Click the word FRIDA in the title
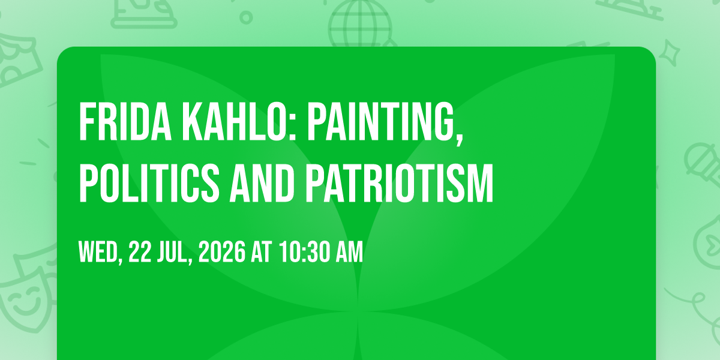125,121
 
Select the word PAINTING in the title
382,121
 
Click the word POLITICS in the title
149,183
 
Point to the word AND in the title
262,183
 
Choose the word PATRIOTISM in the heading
399,183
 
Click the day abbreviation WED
98,252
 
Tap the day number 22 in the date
140,252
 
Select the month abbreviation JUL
172,252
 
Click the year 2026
222,252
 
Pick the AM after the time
349,252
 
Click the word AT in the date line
262,252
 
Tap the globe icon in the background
359,23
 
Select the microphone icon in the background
703,164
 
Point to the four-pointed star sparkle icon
670,53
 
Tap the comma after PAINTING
460,137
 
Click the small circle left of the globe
246,17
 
